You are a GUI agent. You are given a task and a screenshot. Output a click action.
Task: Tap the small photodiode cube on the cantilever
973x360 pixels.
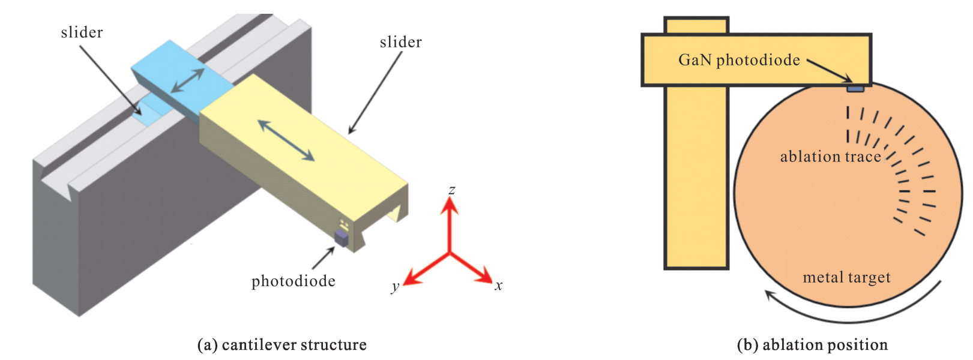[x=342, y=238]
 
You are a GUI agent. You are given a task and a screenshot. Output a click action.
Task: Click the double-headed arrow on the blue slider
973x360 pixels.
[x=187, y=80]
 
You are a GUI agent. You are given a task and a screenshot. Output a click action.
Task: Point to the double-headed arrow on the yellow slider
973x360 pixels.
[x=286, y=140]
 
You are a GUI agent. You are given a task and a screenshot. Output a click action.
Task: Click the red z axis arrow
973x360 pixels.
[x=450, y=222]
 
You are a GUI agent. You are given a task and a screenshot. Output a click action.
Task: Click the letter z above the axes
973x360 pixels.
[x=452, y=190]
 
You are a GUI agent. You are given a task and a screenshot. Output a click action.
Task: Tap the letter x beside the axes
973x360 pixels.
[x=498, y=286]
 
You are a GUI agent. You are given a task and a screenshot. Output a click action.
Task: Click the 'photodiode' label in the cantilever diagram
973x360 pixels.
[x=293, y=281]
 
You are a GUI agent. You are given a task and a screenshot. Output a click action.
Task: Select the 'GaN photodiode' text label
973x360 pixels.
[x=739, y=60]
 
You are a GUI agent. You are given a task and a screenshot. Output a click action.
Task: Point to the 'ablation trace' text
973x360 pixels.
[x=830, y=157]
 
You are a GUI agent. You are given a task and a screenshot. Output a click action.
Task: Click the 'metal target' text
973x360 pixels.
[x=846, y=277]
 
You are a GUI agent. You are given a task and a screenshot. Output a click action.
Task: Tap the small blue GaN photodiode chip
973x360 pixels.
[x=855, y=89]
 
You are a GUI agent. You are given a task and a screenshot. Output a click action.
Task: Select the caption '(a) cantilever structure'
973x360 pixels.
[x=282, y=345]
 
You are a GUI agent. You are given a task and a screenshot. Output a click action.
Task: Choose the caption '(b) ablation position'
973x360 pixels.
[x=812, y=345]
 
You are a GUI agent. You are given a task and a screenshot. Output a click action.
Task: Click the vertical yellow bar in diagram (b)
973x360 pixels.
[x=696, y=180]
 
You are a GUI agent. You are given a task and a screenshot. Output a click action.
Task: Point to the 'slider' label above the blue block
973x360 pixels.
[x=82, y=32]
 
